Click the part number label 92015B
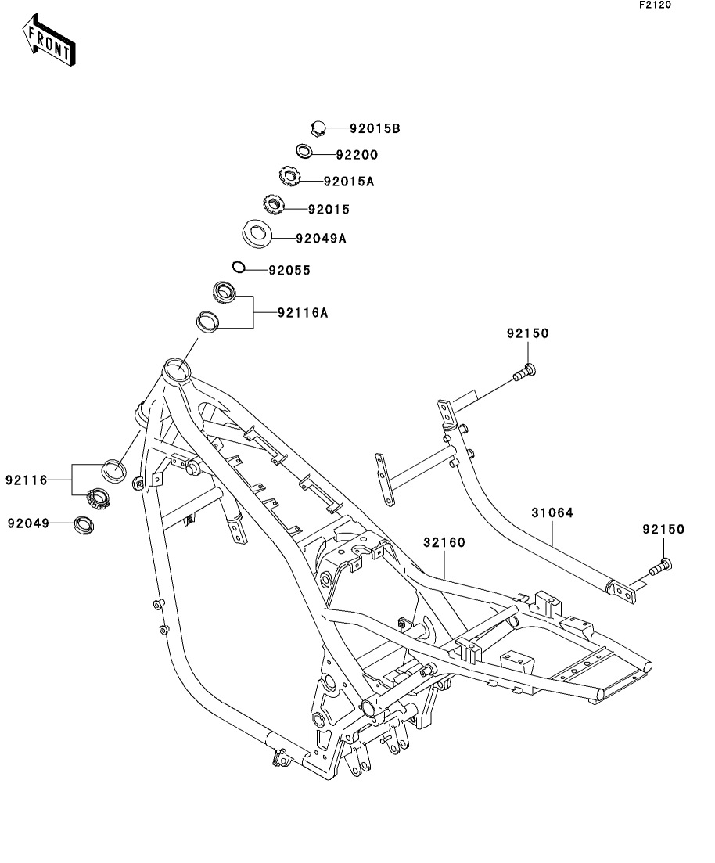pyautogui.click(x=375, y=129)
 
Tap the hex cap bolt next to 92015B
pyautogui.click(x=318, y=128)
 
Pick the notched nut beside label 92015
pyautogui.click(x=273, y=206)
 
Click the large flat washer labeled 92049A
pyautogui.click(x=256, y=232)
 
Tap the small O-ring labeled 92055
pyautogui.click(x=239, y=268)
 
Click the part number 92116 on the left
pyautogui.click(x=27, y=479)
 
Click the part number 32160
pyautogui.click(x=444, y=541)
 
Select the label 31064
pyautogui.click(x=552, y=513)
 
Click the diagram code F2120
pyautogui.click(x=656, y=5)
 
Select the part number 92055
pyautogui.click(x=289, y=271)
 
